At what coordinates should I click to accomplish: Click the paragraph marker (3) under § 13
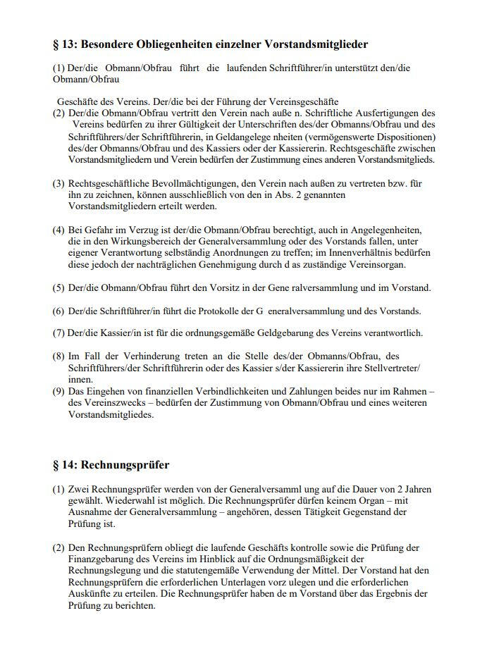click(x=58, y=184)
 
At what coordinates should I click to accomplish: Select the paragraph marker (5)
click(x=58, y=287)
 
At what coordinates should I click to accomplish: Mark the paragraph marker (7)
click(x=58, y=333)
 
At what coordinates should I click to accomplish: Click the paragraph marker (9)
click(x=58, y=391)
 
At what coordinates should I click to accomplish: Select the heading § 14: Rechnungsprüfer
click(x=111, y=465)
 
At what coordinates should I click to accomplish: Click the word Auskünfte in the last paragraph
click(x=89, y=593)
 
